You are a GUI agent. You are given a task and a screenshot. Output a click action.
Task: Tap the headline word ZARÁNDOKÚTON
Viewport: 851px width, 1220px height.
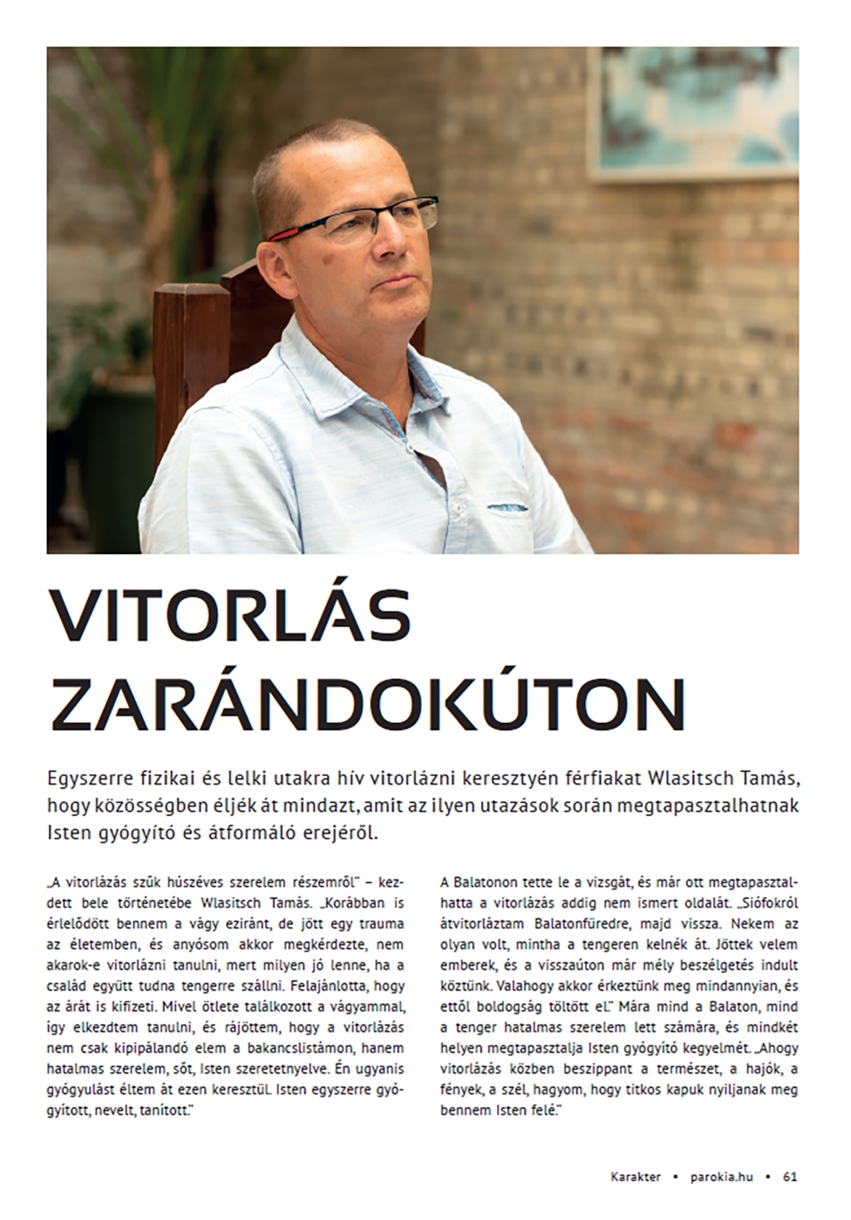(367, 703)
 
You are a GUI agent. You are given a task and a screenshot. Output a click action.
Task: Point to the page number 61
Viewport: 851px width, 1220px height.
(790, 1177)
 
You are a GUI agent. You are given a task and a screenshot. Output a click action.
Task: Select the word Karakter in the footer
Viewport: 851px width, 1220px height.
(636, 1177)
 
